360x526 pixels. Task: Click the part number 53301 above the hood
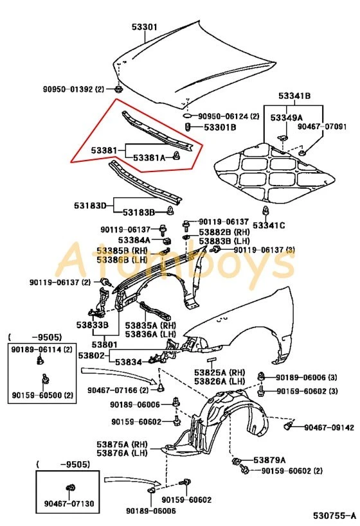[145, 27]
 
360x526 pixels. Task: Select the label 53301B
[220, 128]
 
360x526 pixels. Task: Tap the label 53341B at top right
[294, 96]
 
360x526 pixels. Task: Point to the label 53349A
[286, 118]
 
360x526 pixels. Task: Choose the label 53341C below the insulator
[268, 225]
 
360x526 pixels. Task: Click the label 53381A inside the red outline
[149, 157]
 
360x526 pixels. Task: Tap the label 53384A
[134, 240]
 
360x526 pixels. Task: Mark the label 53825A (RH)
[220, 373]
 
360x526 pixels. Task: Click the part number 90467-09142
[329, 427]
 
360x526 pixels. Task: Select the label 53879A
[269, 460]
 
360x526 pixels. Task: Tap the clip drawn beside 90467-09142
[290, 425]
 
